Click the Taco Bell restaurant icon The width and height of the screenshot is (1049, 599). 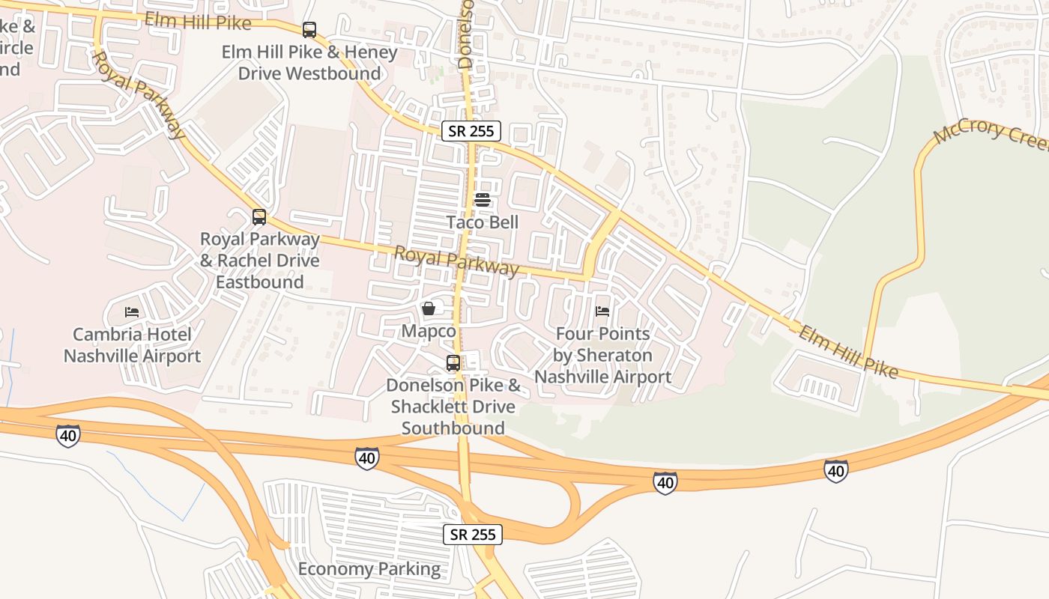click(483, 200)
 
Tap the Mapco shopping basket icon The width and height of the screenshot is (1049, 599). click(429, 308)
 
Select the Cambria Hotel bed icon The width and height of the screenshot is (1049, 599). click(132, 311)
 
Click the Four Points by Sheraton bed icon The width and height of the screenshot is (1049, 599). click(602, 311)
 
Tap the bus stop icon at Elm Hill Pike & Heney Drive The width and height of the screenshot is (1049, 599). click(309, 30)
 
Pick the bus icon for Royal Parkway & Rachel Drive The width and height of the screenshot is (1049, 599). click(259, 217)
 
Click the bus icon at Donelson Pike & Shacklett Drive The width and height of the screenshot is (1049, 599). click(453, 363)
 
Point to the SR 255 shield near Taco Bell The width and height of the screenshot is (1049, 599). click(471, 131)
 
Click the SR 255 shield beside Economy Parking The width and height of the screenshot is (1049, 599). click(472, 535)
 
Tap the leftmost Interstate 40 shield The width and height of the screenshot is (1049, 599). click(68, 435)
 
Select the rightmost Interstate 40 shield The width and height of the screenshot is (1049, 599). click(836, 470)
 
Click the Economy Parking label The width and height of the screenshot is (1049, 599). click(369, 569)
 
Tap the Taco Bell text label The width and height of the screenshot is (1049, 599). click(483, 222)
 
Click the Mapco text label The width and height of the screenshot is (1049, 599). click(429, 331)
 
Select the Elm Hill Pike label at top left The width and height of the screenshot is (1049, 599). click(198, 21)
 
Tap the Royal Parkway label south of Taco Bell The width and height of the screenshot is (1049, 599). click(456, 261)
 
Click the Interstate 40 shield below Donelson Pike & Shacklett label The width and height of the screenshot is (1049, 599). click(366, 457)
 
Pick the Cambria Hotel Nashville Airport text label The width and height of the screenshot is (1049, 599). click(132, 345)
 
